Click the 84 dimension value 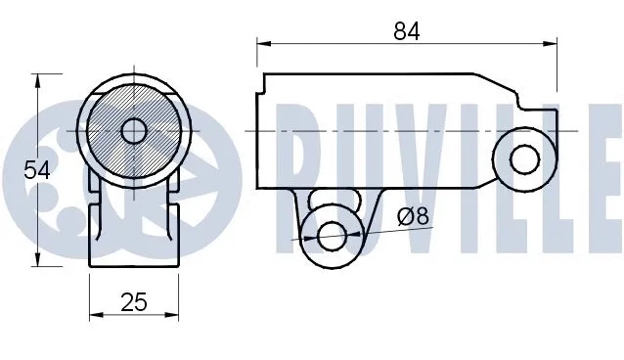point(407,31)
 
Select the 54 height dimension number point(37,169)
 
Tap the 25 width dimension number point(134,302)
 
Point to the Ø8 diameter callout point(414,216)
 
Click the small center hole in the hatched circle point(134,130)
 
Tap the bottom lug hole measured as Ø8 point(331,235)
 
